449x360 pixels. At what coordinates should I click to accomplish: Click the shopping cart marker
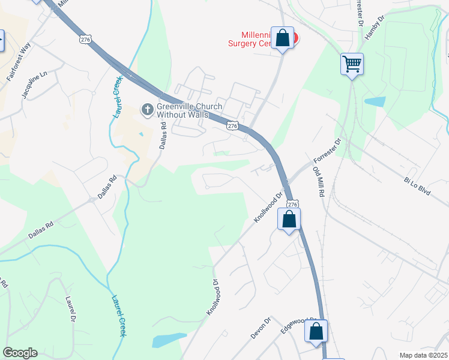[352, 64]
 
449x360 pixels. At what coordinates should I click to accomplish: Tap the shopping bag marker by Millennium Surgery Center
[282, 39]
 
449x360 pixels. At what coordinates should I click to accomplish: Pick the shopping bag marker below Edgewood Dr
[316, 332]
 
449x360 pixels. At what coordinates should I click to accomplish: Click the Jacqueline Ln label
[34, 85]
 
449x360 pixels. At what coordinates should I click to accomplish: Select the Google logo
[20, 353]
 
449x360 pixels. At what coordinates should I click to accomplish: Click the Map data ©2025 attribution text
[423, 355]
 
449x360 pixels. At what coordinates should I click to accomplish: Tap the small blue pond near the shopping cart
[375, 101]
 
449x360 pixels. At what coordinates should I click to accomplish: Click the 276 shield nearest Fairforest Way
[85, 38]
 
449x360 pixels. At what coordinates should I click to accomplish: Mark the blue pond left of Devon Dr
[169, 340]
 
